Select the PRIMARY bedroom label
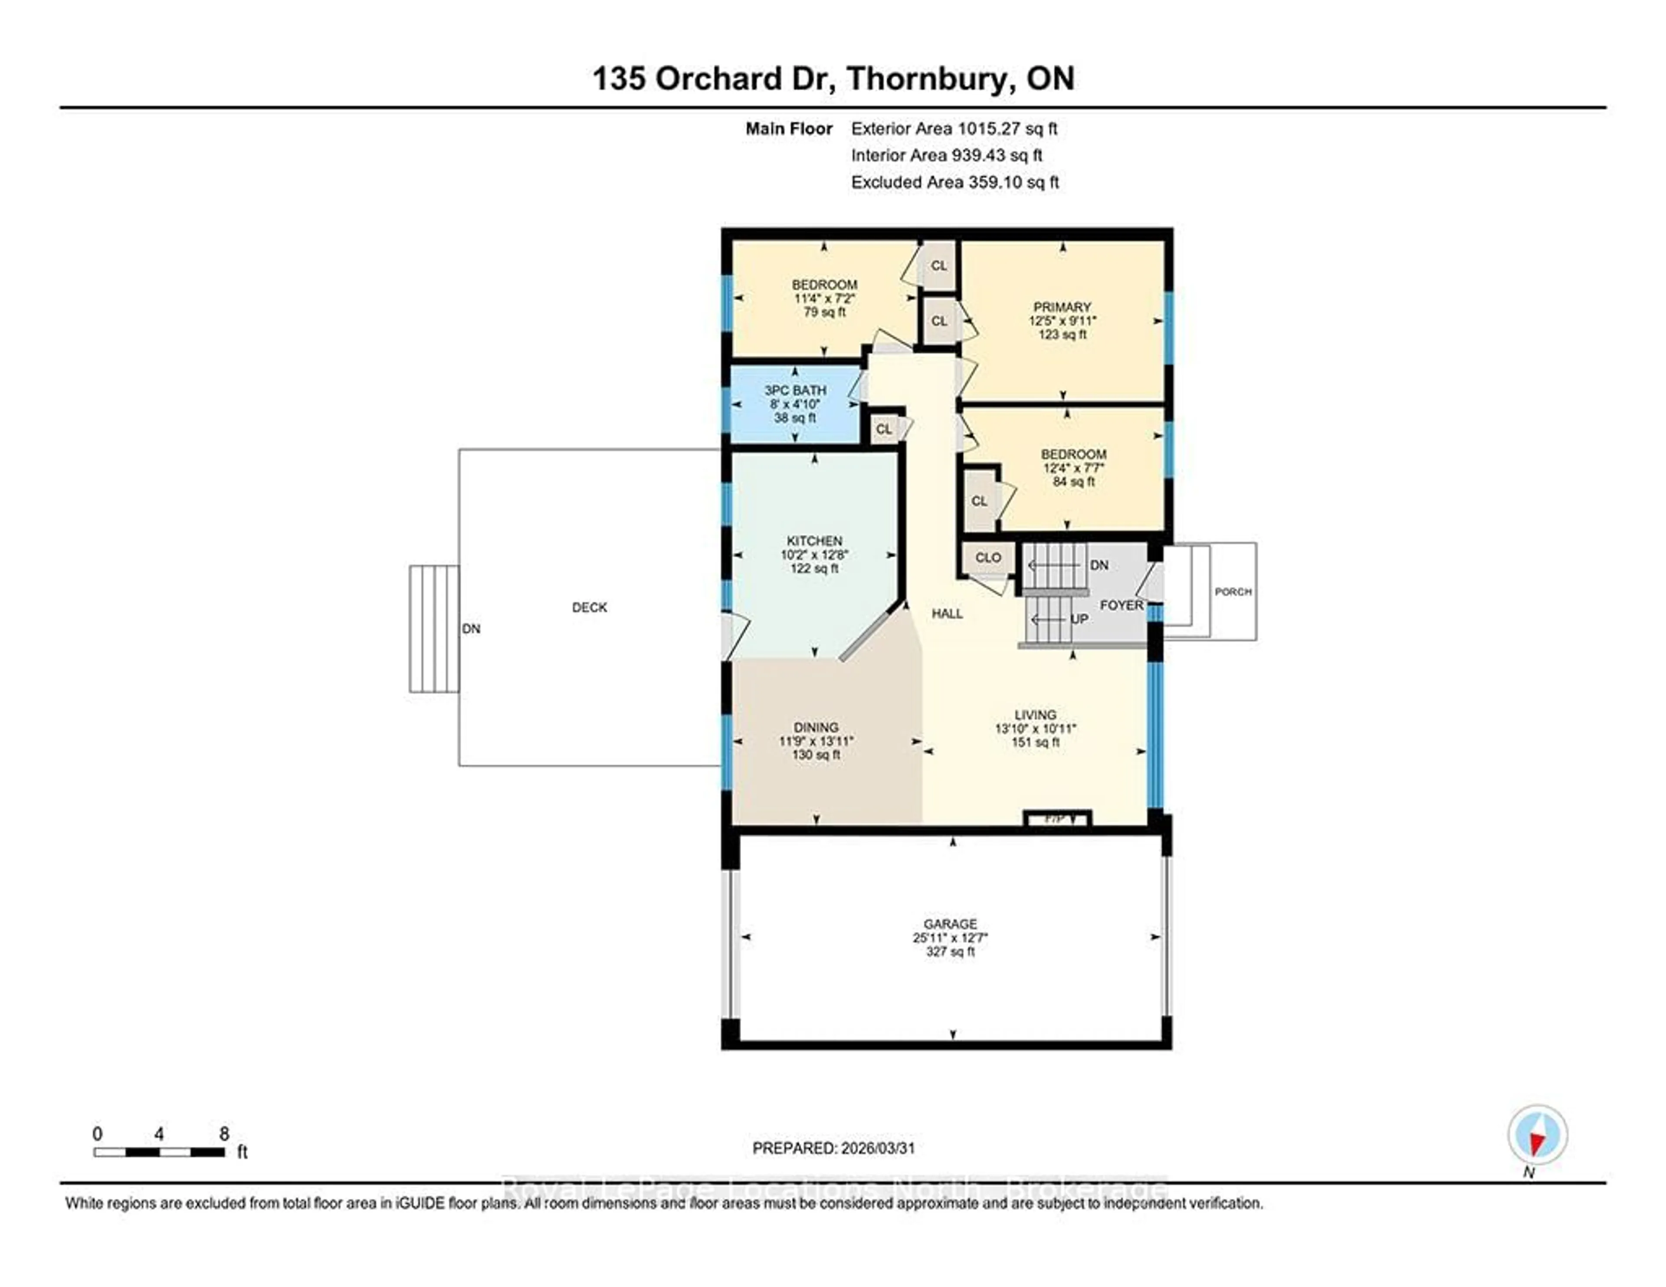[1062, 307]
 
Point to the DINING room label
[816, 728]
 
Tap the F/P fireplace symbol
[1056, 818]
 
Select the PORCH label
[1233, 592]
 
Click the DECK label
[590, 607]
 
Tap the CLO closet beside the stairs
[988, 558]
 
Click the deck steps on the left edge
[433, 629]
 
